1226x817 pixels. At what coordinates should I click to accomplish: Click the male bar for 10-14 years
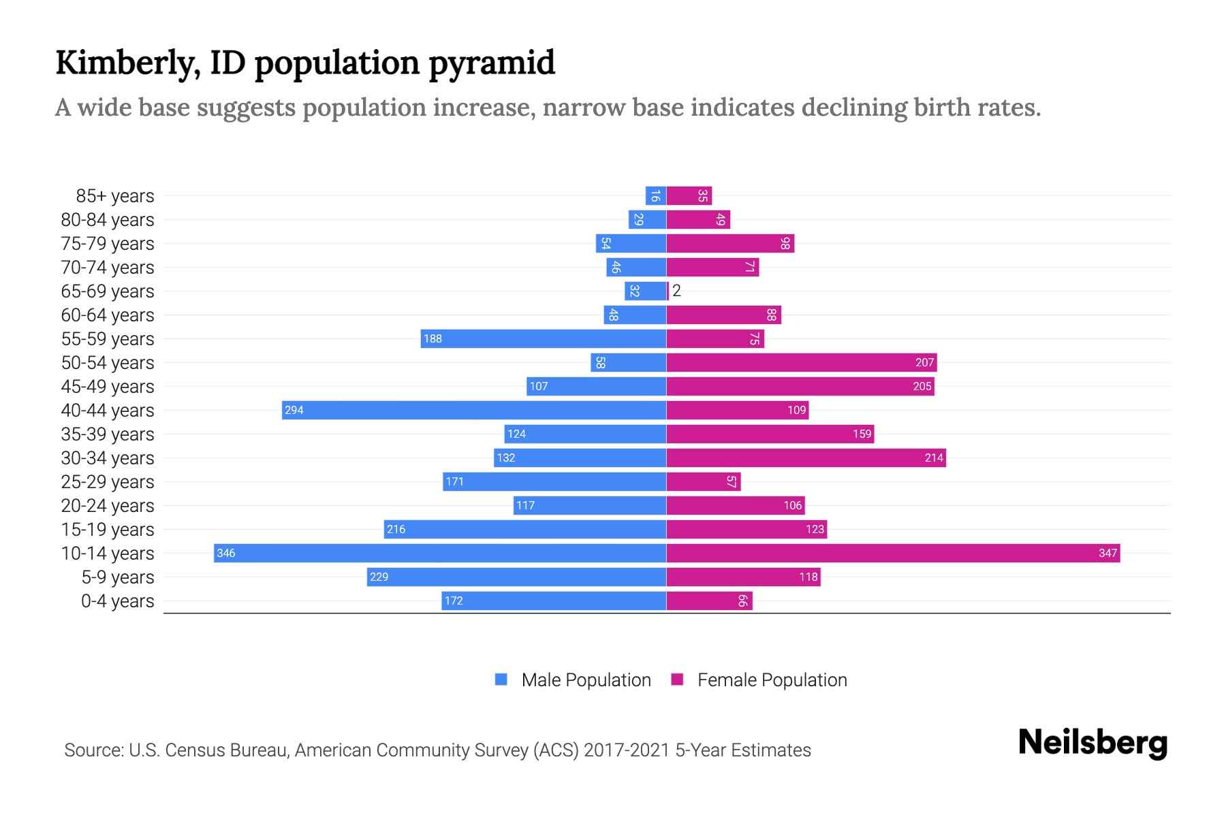(440, 553)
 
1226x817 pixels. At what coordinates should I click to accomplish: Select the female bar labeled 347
(892, 553)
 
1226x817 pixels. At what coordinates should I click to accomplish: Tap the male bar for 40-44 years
(474, 410)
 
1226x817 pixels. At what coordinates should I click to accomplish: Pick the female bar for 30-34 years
(806, 458)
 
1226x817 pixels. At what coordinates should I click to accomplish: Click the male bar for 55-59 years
(543, 338)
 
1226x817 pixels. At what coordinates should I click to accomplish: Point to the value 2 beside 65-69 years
(676, 291)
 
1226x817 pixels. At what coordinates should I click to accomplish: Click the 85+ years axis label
(114, 196)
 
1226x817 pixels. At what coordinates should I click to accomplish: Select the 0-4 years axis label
(117, 601)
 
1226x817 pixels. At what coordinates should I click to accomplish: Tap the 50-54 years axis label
(108, 363)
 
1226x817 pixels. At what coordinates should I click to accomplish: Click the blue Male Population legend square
(501, 679)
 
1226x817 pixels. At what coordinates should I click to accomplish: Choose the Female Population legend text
(772, 680)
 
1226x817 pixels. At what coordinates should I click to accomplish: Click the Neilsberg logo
(1093, 743)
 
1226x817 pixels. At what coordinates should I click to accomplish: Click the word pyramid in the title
(492, 63)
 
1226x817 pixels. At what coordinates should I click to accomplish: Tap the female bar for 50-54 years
(801, 362)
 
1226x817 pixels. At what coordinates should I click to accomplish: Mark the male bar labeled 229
(516, 577)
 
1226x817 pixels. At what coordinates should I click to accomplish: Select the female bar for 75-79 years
(730, 243)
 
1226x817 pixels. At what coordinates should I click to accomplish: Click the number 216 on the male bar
(396, 529)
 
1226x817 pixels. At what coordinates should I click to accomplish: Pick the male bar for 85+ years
(655, 196)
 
